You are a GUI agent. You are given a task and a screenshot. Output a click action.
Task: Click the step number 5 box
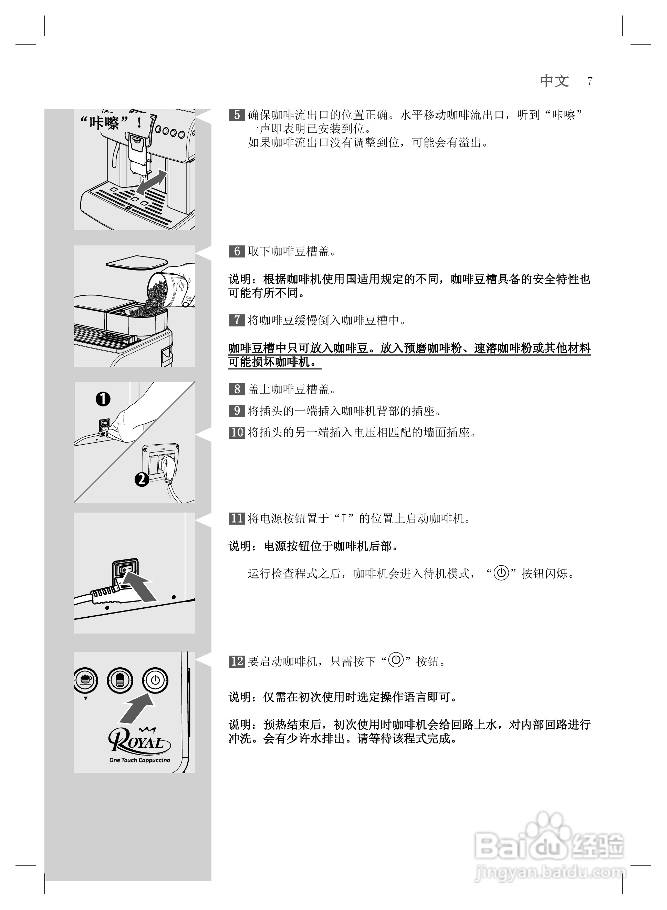pyautogui.click(x=237, y=115)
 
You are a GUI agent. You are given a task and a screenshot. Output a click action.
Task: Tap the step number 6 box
pyautogui.click(x=237, y=251)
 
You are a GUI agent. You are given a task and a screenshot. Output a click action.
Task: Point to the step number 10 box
pyautogui.click(x=237, y=432)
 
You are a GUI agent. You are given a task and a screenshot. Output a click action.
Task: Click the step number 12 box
pyautogui.click(x=237, y=661)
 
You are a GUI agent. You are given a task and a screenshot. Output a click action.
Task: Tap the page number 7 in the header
pyautogui.click(x=590, y=81)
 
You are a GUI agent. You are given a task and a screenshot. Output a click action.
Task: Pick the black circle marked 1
pyautogui.click(x=103, y=399)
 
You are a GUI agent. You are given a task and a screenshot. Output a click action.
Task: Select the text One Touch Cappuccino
pyautogui.click(x=140, y=760)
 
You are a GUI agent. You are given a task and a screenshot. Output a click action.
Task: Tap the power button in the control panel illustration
pyautogui.click(x=155, y=680)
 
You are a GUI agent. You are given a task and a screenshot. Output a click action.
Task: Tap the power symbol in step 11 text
pyautogui.click(x=501, y=573)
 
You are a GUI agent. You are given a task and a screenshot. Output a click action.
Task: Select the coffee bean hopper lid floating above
pyautogui.click(x=136, y=263)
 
